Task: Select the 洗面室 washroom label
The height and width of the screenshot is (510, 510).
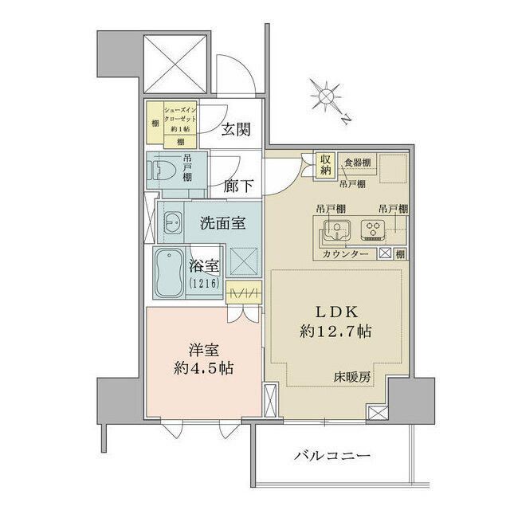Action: click(221, 224)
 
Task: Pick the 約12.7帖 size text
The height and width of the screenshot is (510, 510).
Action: click(328, 329)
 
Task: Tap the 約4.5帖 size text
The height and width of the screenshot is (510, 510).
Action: click(204, 368)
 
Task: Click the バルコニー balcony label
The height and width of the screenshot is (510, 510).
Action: click(331, 456)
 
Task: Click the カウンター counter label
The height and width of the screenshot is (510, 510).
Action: click(345, 253)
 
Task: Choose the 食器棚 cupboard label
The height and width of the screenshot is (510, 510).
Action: click(357, 163)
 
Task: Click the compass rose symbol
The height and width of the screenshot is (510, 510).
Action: click(325, 97)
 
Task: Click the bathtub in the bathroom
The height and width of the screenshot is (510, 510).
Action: click(170, 273)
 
